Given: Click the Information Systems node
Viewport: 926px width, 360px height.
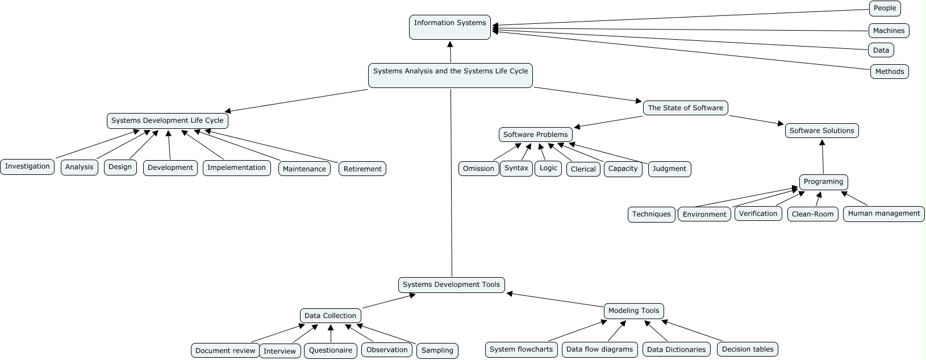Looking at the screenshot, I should pyautogui.click(x=449, y=27).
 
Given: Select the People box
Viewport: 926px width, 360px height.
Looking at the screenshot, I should pyautogui.click(x=885, y=8).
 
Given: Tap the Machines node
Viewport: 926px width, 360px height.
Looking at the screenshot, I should pyautogui.click(x=889, y=31).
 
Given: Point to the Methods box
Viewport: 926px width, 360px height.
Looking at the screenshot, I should pyautogui.click(x=889, y=72).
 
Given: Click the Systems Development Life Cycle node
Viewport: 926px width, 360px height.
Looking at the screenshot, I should pyautogui.click(x=168, y=120).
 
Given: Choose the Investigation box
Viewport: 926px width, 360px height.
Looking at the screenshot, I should pyautogui.click(x=27, y=166).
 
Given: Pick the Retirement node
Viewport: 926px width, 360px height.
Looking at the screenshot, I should pyautogui.click(x=362, y=169).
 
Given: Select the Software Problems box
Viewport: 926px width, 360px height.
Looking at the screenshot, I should pyautogui.click(x=535, y=135).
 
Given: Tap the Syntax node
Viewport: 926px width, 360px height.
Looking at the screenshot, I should pyautogui.click(x=516, y=168).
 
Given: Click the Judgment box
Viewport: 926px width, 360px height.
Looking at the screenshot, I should pyautogui.click(x=669, y=169).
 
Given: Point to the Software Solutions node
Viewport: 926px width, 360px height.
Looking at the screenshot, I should pyautogui.click(x=821, y=131).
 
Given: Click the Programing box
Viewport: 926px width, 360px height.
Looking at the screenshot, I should pyautogui.click(x=823, y=182).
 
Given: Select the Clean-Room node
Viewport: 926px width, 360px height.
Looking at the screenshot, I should pyautogui.click(x=812, y=214).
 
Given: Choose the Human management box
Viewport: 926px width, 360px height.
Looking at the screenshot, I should pyautogui.click(x=883, y=214).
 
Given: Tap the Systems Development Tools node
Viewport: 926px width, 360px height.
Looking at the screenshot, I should pyautogui.click(x=451, y=284).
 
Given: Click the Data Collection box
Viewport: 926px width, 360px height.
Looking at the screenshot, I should pyautogui.click(x=330, y=316).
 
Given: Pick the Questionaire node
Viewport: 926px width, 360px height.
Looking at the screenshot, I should pyautogui.click(x=330, y=350).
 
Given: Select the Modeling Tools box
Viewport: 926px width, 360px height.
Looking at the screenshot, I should pyautogui.click(x=633, y=311).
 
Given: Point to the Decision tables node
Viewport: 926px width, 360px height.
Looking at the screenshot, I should pyautogui.click(x=748, y=349).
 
